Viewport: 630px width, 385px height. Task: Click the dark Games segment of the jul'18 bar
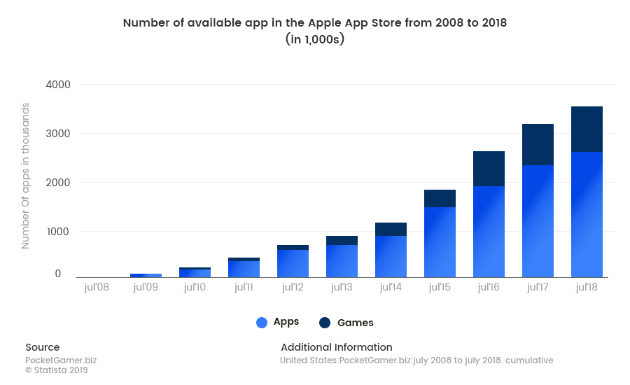[x=587, y=129]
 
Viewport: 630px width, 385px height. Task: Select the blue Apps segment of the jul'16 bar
[x=489, y=231]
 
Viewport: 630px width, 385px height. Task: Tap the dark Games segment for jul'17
[x=538, y=145]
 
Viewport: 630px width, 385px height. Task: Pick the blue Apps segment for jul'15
[x=440, y=241]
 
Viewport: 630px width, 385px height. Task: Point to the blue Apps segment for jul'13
[x=342, y=260]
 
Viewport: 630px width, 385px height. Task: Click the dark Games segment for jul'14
[x=391, y=229]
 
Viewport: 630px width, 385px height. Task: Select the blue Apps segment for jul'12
[x=293, y=263]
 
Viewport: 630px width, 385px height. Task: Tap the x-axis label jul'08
[x=97, y=287]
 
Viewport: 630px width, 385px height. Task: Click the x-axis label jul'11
[x=244, y=287]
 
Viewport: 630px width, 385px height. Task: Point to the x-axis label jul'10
[x=195, y=287]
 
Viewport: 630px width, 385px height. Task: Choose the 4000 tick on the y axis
[x=59, y=85]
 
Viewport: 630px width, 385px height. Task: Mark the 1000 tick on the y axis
[x=59, y=232]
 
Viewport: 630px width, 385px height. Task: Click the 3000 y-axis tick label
[x=59, y=134]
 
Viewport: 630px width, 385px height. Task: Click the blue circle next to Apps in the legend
[x=262, y=323]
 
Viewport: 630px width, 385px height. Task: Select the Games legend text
[x=356, y=323]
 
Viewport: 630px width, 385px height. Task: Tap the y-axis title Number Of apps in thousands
[x=25, y=176]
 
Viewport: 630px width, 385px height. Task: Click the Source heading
[x=43, y=347]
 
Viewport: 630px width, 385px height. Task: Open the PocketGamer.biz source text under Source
[x=61, y=360]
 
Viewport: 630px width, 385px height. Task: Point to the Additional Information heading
[x=336, y=347]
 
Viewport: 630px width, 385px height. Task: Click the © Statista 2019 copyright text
[x=57, y=370]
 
